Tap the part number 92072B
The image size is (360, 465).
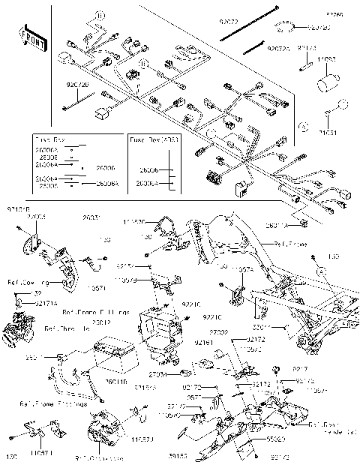click(x=78, y=85)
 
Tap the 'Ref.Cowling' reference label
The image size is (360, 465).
click(x=22, y=283)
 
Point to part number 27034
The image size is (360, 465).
click(x=157, y=373)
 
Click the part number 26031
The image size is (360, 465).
click(x=91, y=218)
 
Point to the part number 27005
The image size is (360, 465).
click(x=37, y=217)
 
